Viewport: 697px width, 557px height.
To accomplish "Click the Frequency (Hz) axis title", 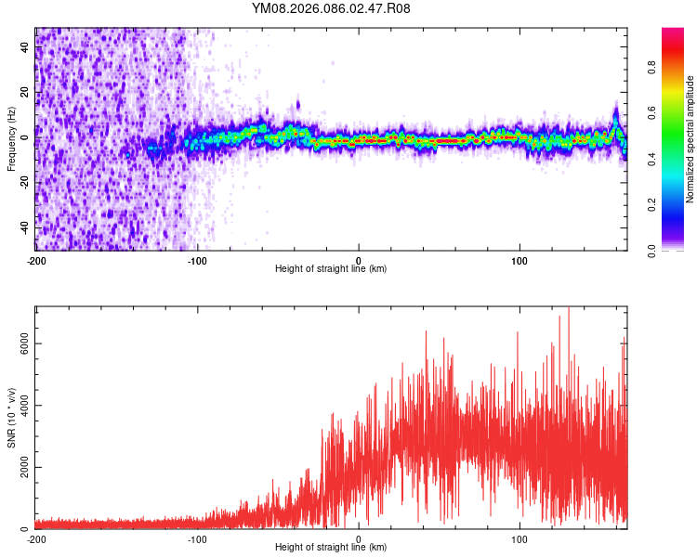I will [x=11, y=139].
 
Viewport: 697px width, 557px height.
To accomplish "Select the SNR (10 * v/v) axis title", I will [x=11, y=418].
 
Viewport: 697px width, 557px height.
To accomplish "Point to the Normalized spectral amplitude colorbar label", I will [x=690, y=139].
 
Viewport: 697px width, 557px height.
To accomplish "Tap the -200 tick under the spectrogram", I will [x=36, y=259].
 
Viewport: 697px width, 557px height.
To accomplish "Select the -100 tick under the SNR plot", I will [x=197, y=538].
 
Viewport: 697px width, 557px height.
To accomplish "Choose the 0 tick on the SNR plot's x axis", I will [x=359, y=538].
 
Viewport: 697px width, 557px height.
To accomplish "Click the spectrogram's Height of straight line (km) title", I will [x=331, y=269].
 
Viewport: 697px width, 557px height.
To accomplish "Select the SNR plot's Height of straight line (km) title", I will [x=331, y=548].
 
